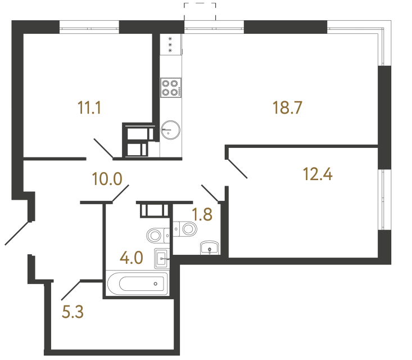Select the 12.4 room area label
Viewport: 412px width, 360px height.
[318, 174]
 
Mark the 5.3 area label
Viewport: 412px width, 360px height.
[73, 310]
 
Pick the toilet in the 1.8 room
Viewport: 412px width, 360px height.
[186, 228]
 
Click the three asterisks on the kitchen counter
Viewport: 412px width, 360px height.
[170, 44]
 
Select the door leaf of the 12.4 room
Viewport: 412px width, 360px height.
[237, 168]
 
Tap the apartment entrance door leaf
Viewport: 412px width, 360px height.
[17, 233]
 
